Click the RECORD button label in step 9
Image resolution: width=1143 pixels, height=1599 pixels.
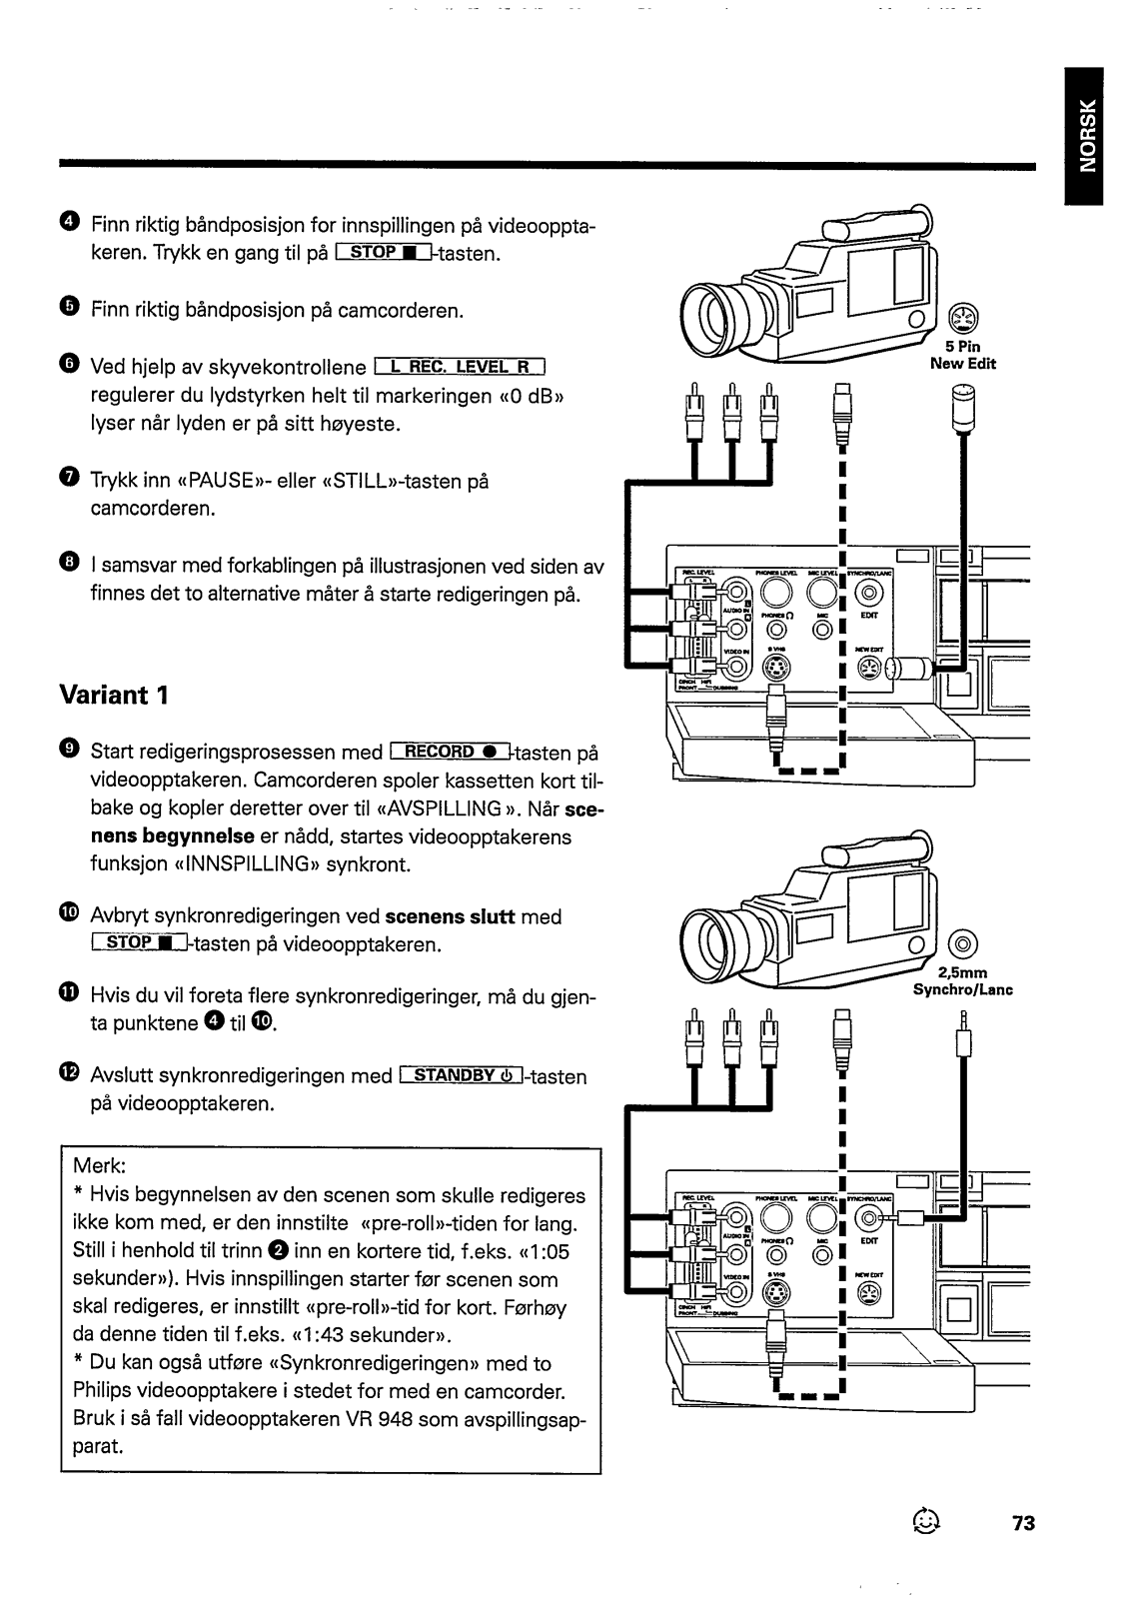click(451, 752)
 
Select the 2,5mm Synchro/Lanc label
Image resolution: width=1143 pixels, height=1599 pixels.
click(962, 981)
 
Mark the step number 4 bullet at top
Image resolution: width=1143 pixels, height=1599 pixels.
click(67, 221)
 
